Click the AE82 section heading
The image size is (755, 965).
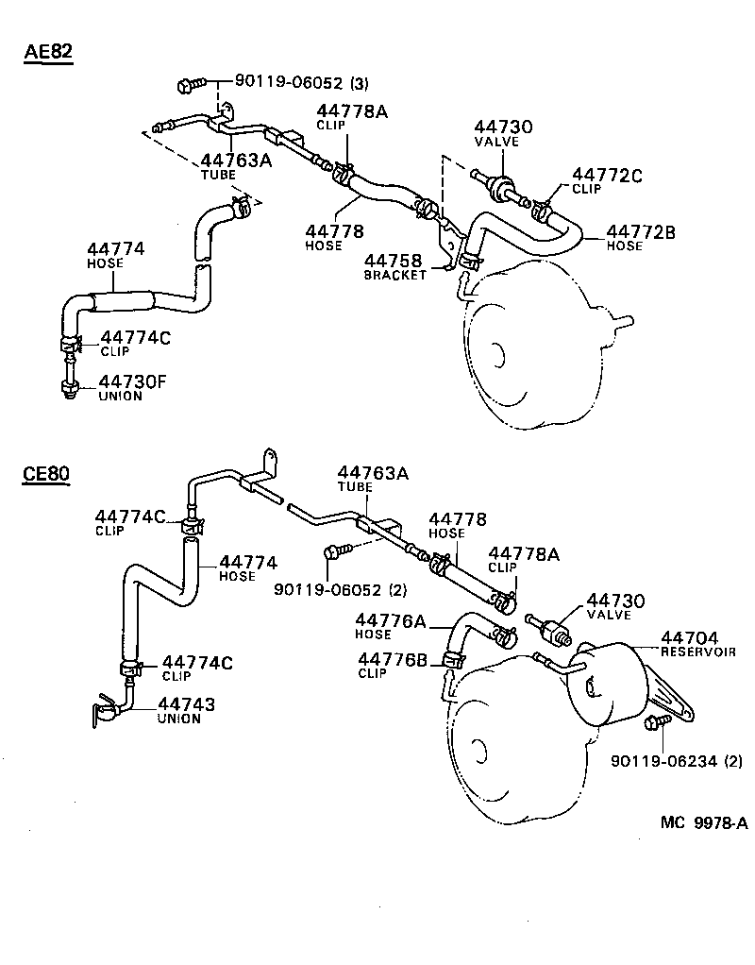(x=48, y=52)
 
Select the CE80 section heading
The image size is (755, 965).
(x=46, y=474)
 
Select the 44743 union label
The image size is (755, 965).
(x=186, y=709)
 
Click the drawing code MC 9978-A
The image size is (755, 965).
(x=703, y=823)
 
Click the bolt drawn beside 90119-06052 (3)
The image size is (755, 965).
(x=189, y=86)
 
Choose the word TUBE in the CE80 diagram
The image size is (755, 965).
(x=356, y=487)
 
